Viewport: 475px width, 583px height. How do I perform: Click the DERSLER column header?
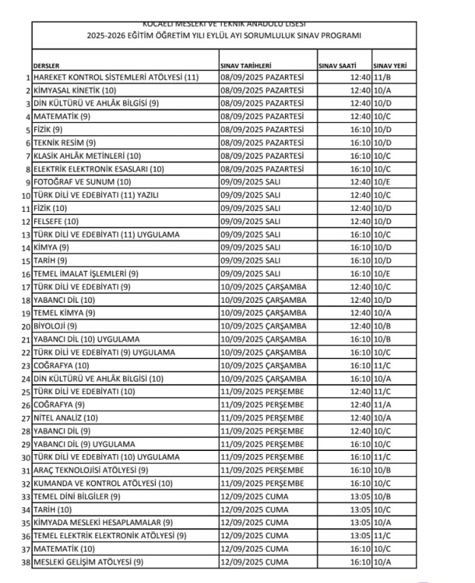[x=46, y=66]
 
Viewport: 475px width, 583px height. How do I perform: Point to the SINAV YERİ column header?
[x=389, y=66]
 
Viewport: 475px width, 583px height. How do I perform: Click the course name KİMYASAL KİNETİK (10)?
[x=74, y=90]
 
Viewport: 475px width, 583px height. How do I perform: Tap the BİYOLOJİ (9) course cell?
[x=55, y=326]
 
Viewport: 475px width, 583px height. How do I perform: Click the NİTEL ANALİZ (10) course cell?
[x=66, y=418]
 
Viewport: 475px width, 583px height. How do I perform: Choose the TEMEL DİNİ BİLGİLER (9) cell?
[x=77, y=496]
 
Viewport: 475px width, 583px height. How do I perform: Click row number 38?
[x=26, y=563]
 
